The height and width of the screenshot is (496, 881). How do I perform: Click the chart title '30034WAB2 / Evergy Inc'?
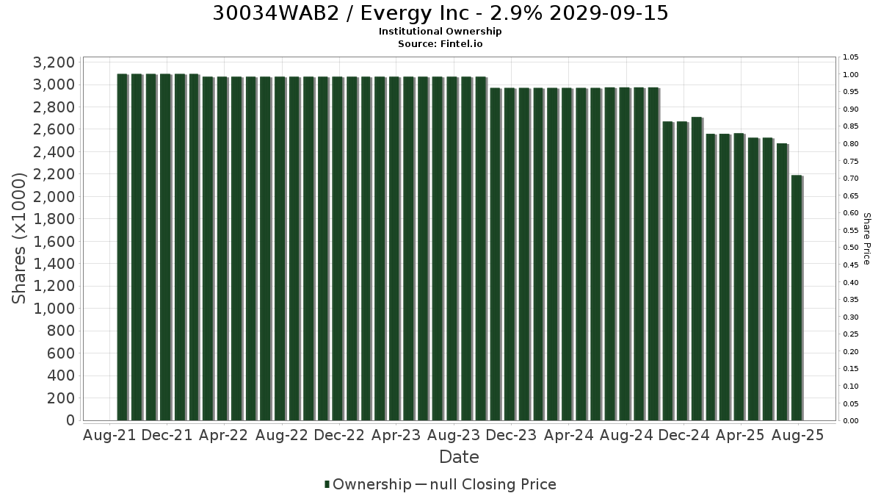click(341, 13)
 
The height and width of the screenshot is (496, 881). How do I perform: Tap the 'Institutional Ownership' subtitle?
click(440, 32)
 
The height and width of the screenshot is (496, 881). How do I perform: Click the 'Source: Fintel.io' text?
click(440, 43)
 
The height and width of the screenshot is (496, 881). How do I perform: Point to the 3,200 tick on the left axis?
click(54, 62)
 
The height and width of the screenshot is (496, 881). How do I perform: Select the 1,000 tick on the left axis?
click(54, 308)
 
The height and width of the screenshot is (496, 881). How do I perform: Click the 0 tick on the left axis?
click(70, 420)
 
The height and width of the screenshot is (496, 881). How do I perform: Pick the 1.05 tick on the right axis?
click(850, 57)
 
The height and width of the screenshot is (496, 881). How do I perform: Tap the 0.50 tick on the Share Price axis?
click(850, 248)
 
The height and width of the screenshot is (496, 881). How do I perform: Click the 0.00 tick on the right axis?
click(850, 421)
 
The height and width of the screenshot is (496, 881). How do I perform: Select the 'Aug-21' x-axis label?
click(109, 435)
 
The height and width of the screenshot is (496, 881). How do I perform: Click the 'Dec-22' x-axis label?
click(339, 435)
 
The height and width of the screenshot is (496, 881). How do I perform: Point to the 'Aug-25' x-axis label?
click(797, 435)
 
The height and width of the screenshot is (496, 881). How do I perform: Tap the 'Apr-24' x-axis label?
click(568, 435)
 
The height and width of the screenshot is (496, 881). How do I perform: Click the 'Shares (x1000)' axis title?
click(18, 239)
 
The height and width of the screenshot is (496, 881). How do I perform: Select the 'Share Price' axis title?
click(866, 239)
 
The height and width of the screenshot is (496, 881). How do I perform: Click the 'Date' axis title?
click(459, 457)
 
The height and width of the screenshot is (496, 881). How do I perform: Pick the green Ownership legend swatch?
click(327, 484)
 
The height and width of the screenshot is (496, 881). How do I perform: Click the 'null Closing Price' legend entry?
click(493, 484)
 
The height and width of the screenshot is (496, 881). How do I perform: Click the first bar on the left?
click(122, 247)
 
